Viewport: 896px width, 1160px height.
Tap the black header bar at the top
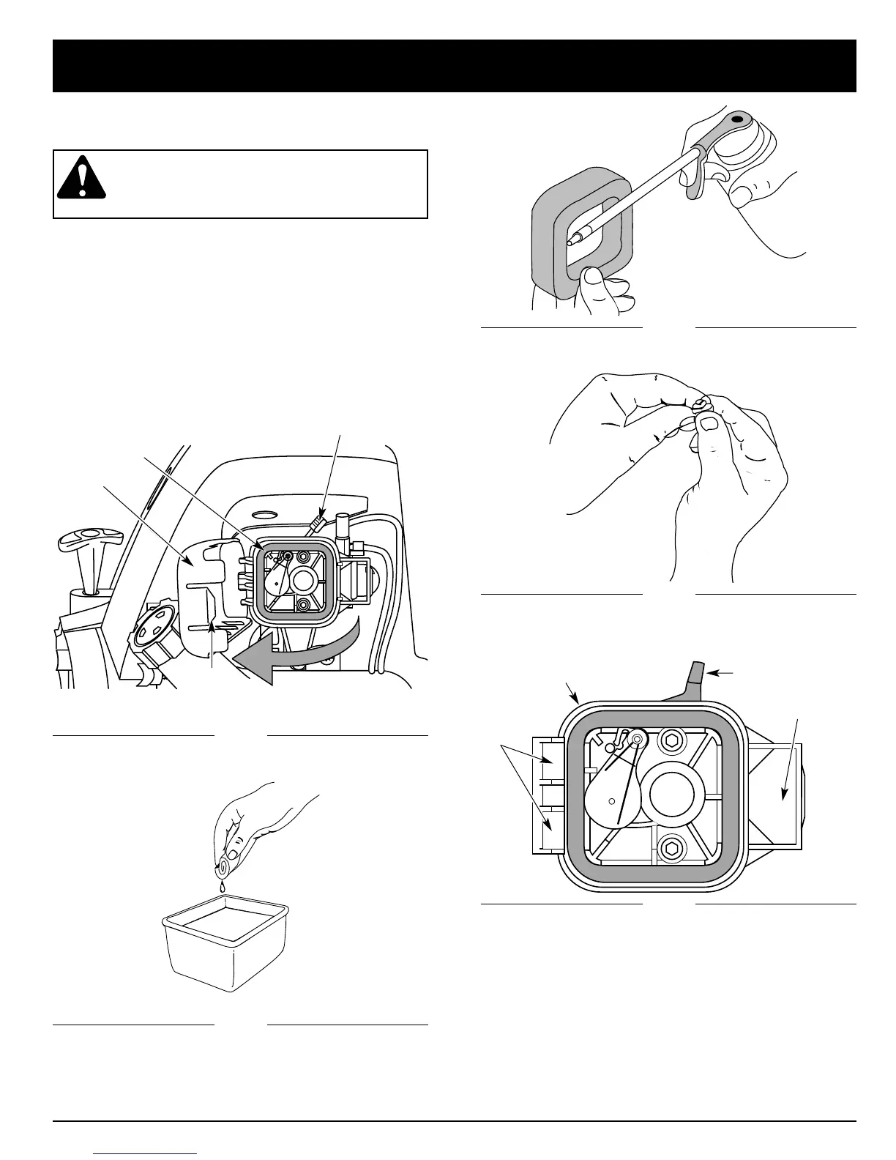454,66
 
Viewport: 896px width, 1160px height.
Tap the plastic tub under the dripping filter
225,945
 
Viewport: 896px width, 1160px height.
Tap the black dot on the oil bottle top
735,117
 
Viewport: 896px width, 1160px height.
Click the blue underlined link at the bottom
146,1154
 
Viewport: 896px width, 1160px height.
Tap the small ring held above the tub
221,870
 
